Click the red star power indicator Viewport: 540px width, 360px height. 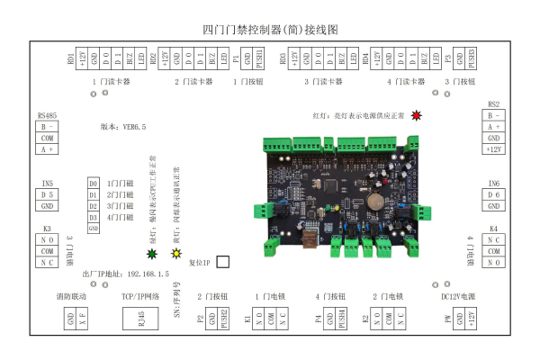[416, 115]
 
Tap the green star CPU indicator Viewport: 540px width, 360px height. [150, 254]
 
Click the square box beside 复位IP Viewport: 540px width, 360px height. [222, 262]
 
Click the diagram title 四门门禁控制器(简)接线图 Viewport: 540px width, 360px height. [270, 29]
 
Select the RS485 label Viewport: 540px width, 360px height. [48, 116]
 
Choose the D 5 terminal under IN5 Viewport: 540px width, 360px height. [48, 194]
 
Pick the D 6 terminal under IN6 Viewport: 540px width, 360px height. [493, 194]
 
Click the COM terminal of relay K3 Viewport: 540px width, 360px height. [48, 251]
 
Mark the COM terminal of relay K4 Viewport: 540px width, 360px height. [493, 251]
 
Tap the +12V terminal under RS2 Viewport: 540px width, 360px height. [493, 149]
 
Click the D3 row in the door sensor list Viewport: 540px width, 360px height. [93, 206]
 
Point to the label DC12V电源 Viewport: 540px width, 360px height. [458, 295]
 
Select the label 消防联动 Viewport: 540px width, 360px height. [72, 295]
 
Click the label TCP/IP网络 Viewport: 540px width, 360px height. [139, 295]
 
